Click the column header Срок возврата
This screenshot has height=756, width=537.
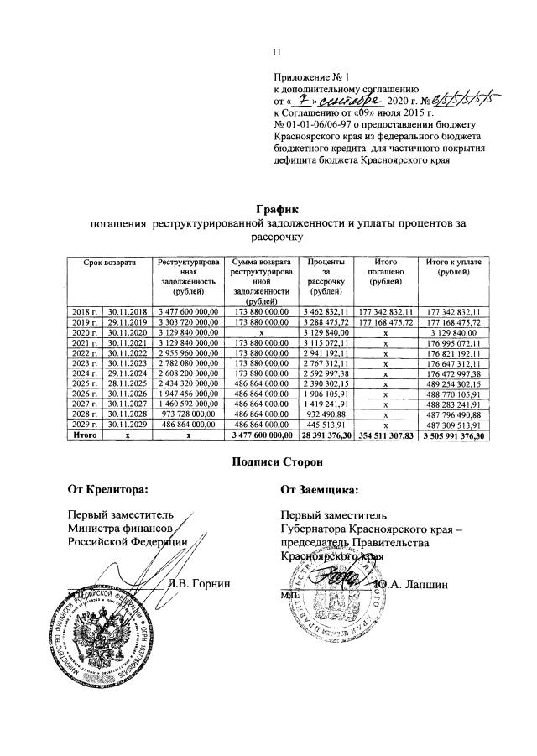coord(107,263)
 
